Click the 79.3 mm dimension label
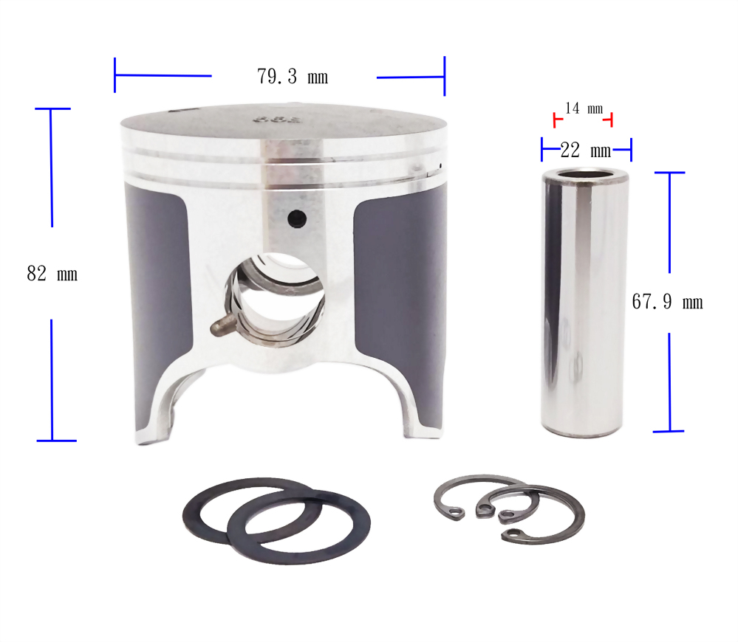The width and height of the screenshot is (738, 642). point(293,77)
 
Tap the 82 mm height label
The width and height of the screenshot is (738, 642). point(52,274)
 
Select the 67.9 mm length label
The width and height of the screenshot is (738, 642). point(667,302)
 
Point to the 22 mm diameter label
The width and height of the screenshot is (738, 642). point(586,151)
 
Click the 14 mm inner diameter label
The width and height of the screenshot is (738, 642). point(584,108)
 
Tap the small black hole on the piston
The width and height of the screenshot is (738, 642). point(297,218)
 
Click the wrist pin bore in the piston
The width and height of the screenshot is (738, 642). point(276,300)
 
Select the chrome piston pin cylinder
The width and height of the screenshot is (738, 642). point(584,303)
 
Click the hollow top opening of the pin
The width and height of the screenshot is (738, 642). point(585,177)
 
